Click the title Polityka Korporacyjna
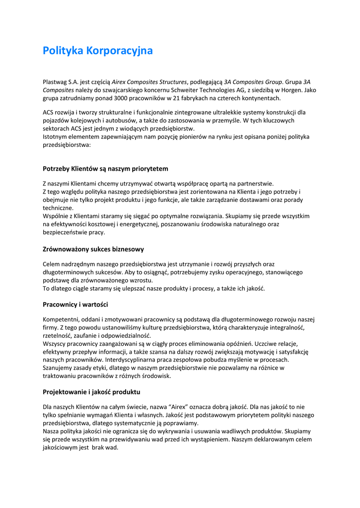click(x=98, y=51)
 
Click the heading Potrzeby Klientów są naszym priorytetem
click(x=105, y=169)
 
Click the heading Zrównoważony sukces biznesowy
click(x=93, y=249)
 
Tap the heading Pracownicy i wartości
click(x=75, y=304)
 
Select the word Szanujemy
click(x=59, y=368)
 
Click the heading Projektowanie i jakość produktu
click(x=91, y=392)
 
